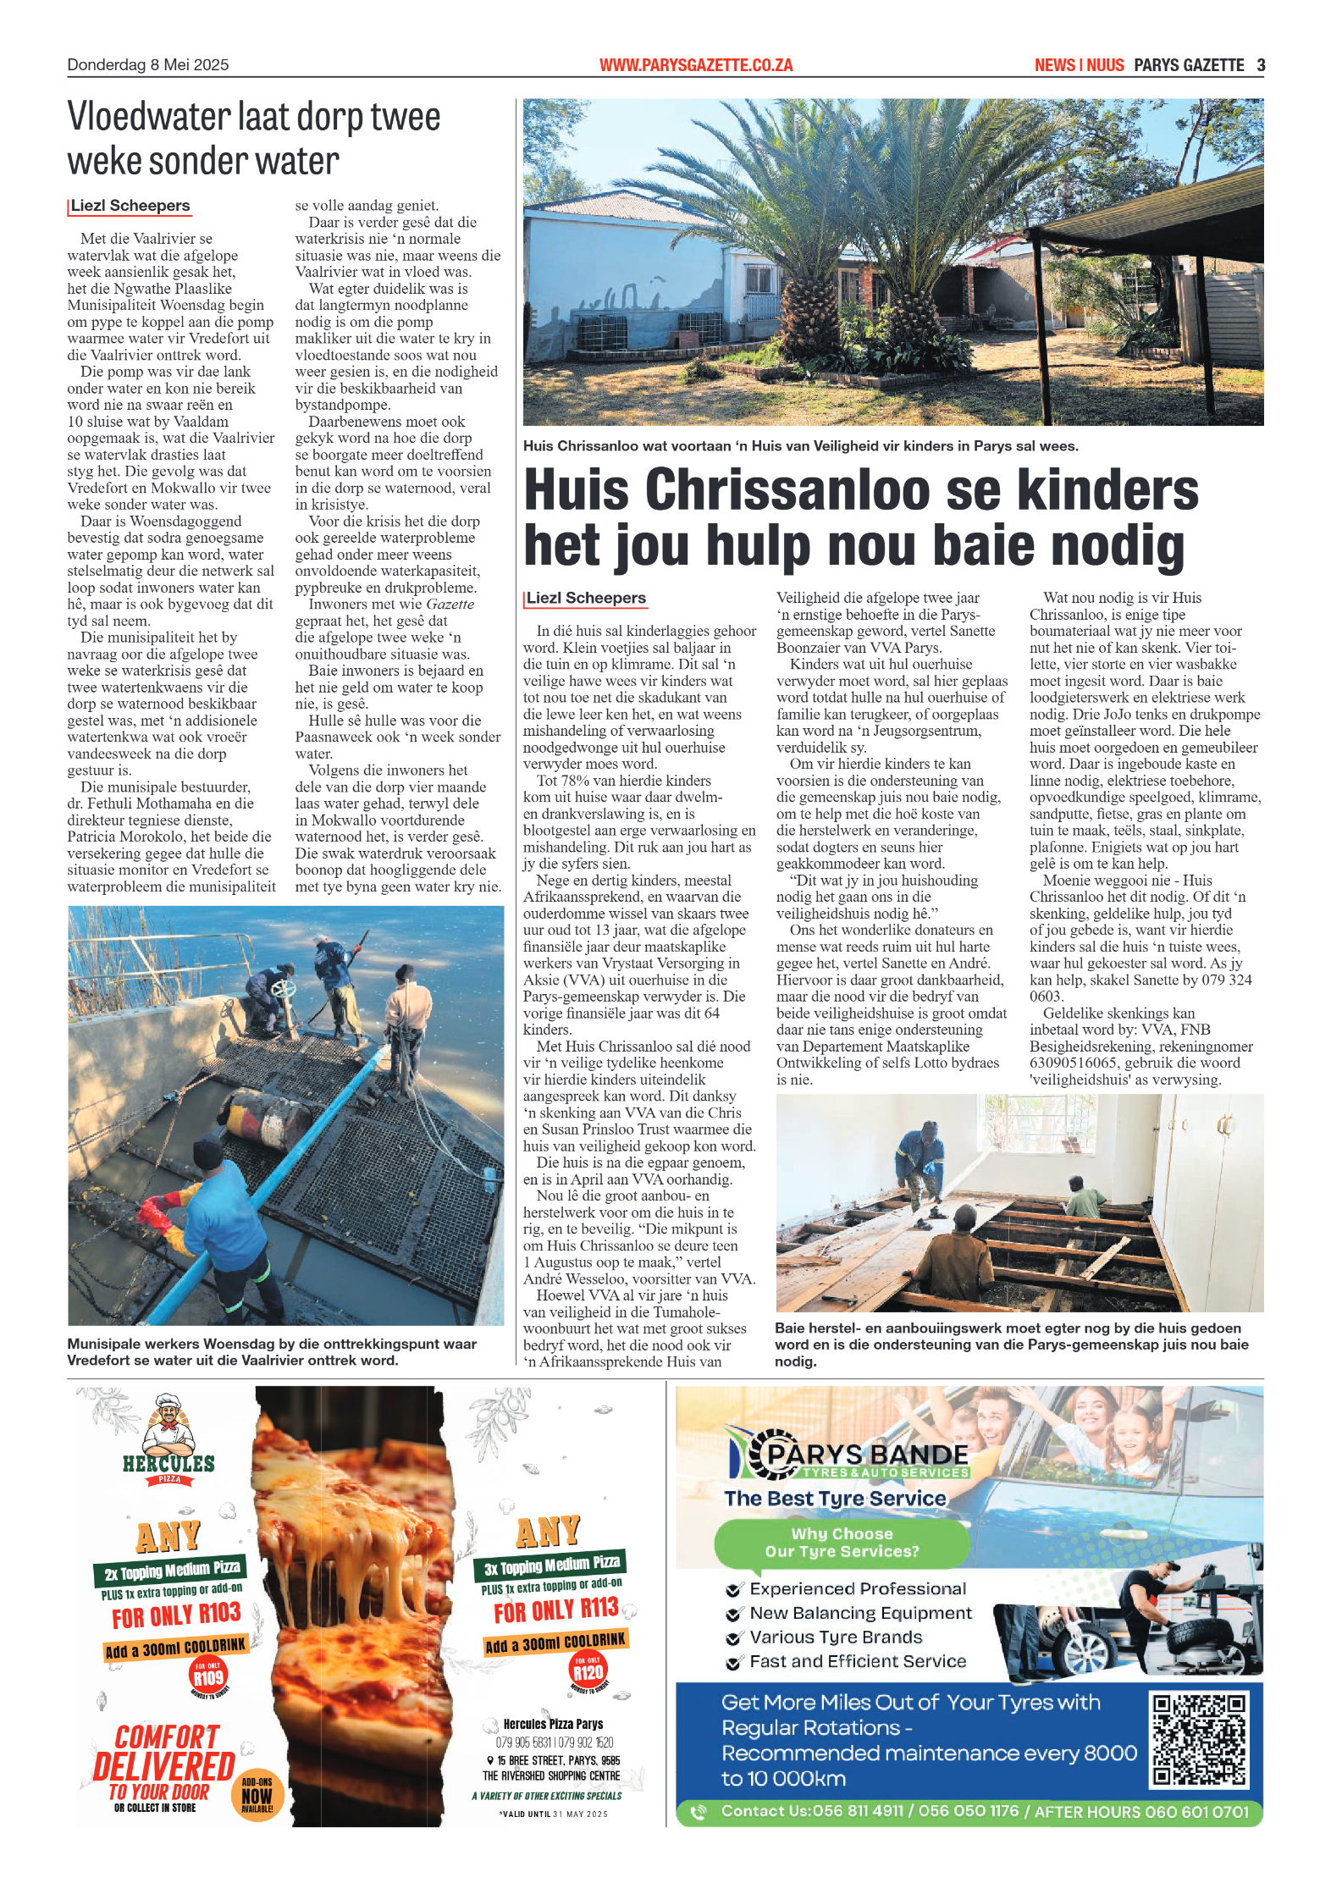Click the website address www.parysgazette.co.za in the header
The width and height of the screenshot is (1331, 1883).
[695, 65]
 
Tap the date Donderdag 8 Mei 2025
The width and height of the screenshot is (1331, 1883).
[147, 65]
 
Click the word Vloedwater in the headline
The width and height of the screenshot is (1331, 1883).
[149, 118]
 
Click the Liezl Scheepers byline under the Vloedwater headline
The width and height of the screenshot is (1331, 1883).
[130, 206]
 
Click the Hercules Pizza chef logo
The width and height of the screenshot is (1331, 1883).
[168, 1431]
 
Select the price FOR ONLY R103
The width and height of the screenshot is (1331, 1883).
[176, 1615]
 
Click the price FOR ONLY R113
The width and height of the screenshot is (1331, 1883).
[556, 1610]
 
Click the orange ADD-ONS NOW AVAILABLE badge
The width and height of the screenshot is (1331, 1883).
[257, 1794]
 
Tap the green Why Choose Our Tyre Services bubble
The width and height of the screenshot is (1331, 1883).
[842, 1543]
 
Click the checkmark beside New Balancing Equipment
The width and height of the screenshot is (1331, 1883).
[734, 1614]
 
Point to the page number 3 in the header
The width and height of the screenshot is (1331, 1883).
[1261, 65]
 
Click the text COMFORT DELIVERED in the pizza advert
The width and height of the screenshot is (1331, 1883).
[164, 1753]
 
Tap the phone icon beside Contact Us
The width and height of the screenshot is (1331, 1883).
[699, 1811]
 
